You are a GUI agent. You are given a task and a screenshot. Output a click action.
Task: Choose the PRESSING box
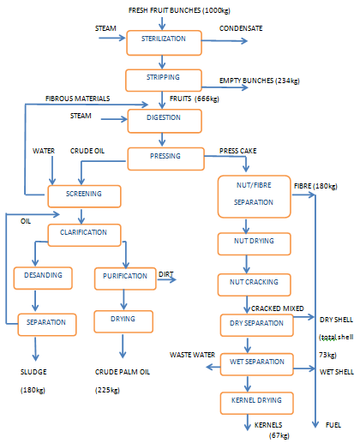(165, 159)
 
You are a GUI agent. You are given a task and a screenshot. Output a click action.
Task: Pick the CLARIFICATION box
(82, 232)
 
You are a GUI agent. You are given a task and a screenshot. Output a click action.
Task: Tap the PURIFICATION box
(123, 278)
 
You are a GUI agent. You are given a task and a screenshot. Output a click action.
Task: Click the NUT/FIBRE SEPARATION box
(248, 194)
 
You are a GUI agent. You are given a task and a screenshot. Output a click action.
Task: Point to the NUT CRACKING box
(248, 282)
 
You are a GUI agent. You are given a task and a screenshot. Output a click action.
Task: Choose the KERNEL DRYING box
(248, 400)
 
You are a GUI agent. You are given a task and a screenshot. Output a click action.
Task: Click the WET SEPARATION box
(248, 362)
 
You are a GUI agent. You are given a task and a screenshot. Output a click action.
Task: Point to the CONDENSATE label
(241, 28)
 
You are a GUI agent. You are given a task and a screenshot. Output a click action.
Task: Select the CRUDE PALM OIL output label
(123, 373)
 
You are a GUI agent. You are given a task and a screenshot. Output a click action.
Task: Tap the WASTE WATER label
(190, 352)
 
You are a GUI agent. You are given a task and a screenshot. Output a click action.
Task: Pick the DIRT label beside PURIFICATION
(165, 274)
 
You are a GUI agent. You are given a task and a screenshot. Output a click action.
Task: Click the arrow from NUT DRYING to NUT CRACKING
(248, 261)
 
